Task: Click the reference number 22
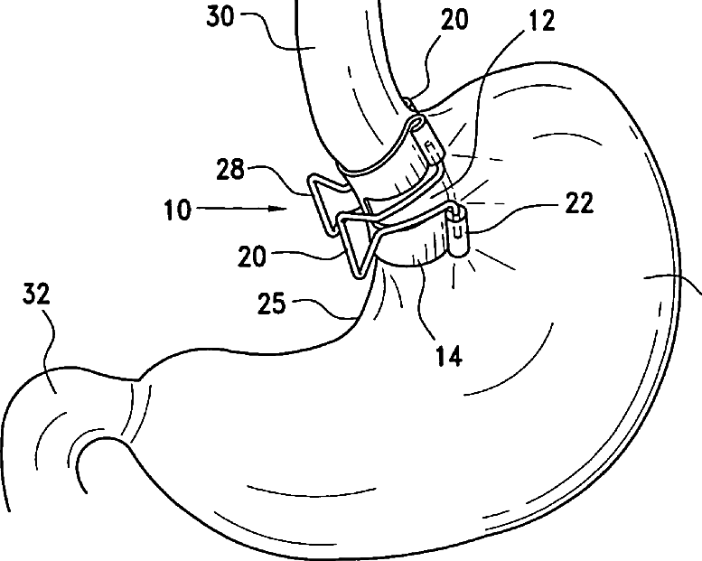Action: click(x=580, y=204)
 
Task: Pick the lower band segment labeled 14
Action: click(x=411, y=248)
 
